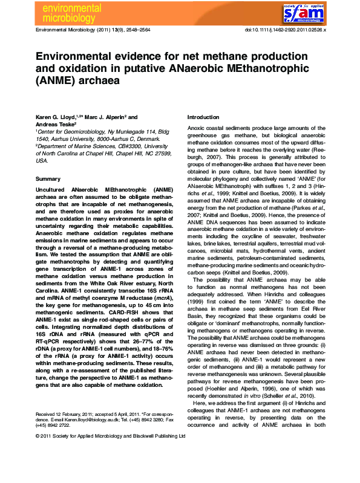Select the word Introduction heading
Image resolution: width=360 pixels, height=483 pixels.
coord(203,117)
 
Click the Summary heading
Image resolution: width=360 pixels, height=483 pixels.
coord(48,180)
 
